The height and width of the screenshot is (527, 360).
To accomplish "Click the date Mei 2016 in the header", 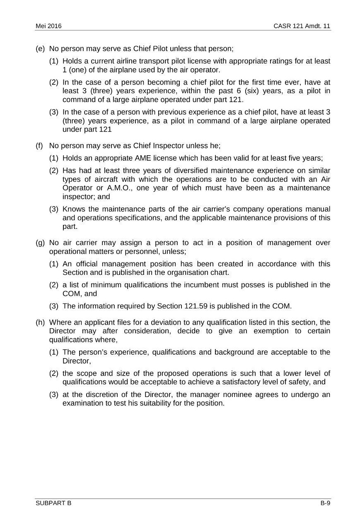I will [48, 26].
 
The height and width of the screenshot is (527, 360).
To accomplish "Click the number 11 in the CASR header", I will [326, 26].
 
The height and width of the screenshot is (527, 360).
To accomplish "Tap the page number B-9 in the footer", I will [325, 503].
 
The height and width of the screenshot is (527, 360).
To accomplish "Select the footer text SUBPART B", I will [53, 503].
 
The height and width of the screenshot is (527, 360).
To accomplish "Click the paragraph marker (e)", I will [40, 49].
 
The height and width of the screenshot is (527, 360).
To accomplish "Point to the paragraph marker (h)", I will [40, 322].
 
